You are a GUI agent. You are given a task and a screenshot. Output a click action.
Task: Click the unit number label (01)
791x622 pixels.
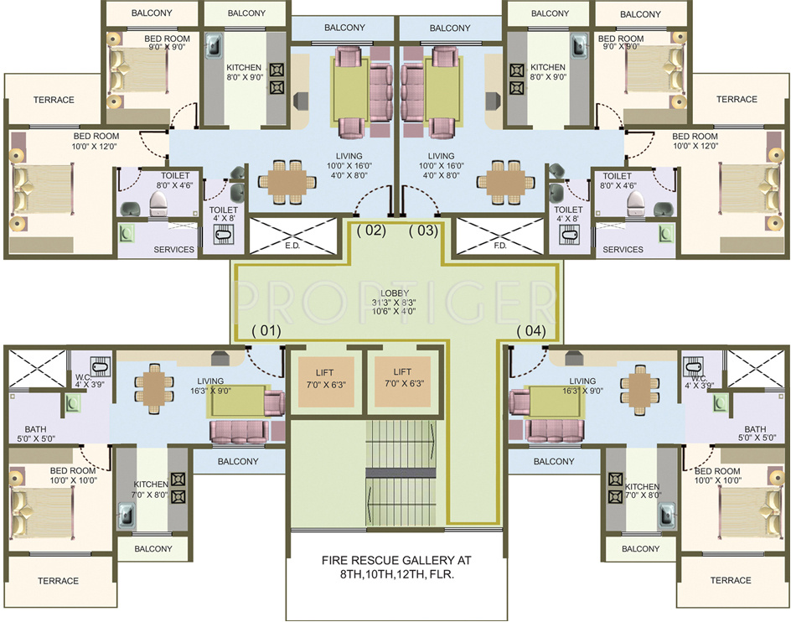[x=266, y=330]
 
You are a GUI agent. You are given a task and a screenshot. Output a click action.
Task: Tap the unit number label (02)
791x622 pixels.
[x=370, y=231]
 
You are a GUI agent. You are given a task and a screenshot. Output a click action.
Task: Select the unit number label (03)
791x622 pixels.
[x=423, y=231]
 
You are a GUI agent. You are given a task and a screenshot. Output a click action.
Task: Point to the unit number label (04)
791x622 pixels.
[x=531, y=330]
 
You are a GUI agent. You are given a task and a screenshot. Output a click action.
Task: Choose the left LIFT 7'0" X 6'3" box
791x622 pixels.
[x=326, y=376]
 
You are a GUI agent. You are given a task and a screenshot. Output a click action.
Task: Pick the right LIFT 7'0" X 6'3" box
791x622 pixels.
[x=402, y=376]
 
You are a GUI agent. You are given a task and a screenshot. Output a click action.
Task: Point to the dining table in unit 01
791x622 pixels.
[x=156, y=387]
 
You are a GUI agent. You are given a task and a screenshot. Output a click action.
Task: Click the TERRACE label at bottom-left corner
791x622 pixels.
[x=58, y=581]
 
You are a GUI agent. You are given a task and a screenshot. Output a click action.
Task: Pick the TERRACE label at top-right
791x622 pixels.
[x=737, y=100]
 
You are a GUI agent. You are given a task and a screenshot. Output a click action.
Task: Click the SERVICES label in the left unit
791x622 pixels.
[x=174, y=250]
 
